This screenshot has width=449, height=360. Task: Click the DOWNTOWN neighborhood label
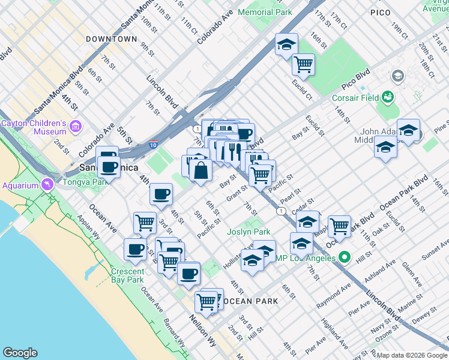click(111, 39)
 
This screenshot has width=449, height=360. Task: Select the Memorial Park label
click(265, 12)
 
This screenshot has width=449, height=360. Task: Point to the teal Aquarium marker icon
click(46, 185)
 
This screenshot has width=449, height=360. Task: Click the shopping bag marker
click(200, 170)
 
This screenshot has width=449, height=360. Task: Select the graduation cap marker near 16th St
click(286, 44)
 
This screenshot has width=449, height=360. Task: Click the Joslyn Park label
click(249, 232)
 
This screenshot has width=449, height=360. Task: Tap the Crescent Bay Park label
click(127, 275)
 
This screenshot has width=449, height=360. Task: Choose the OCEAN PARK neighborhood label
click(253, 301)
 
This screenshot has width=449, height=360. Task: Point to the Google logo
click(20, 353)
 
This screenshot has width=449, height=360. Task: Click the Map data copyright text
click(411, 355)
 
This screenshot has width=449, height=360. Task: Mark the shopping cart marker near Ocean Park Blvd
click(339, 226)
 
